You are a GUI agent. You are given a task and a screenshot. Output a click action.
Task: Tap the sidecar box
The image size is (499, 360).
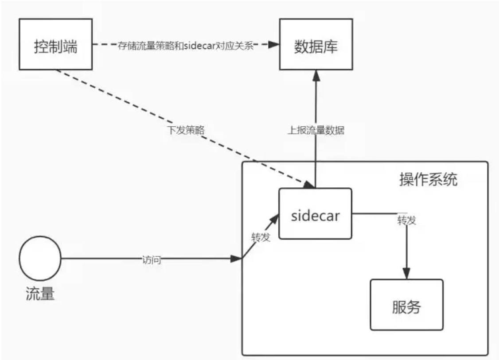315,213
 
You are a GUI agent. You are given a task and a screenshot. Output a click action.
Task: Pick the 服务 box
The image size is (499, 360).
406,305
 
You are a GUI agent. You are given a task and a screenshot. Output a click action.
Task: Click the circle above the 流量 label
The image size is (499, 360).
40,259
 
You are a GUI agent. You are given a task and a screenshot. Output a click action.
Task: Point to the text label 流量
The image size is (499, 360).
40,294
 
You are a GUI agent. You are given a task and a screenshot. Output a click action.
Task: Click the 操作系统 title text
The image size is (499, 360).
428,179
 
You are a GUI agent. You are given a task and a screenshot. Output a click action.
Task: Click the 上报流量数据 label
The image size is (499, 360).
316,131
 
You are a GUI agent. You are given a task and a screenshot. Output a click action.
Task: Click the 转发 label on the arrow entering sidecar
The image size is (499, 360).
261,237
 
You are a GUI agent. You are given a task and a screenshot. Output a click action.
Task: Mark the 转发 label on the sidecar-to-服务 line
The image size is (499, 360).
406,220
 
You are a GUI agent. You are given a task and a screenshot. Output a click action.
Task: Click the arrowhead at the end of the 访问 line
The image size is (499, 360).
237,259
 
